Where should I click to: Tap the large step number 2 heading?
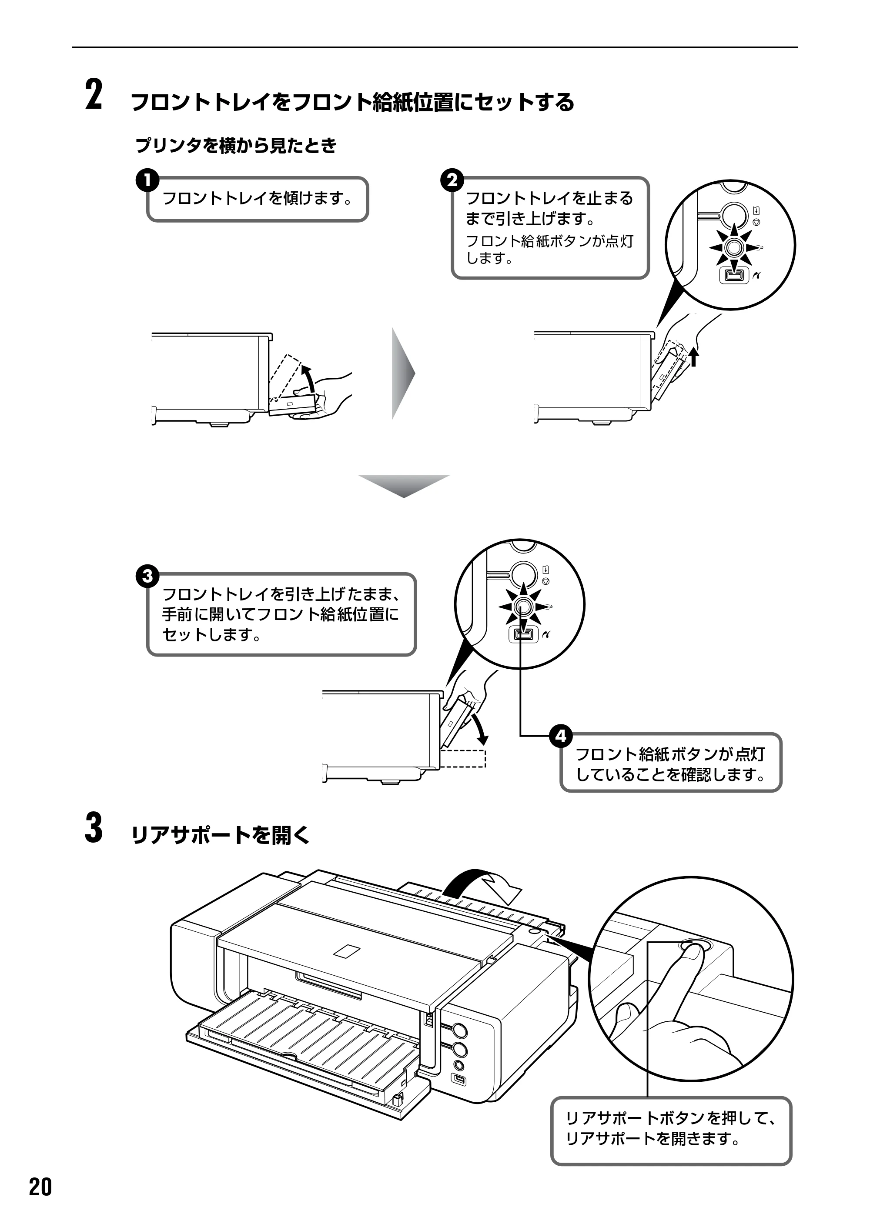[94, 95]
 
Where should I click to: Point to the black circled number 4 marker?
[560, 737]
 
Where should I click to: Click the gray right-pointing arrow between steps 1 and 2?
[403, 373]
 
